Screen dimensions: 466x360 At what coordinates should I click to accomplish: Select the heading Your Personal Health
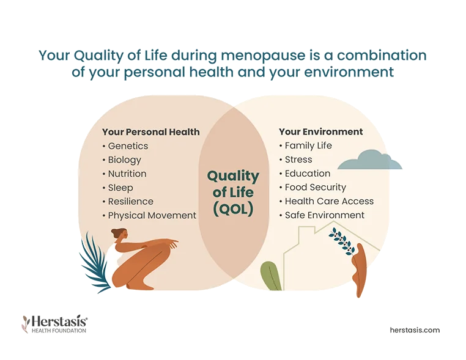pyautogui.click(x=150, y=132)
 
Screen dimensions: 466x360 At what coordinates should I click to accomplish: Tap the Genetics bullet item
pyautogui.click(x=125, y=146)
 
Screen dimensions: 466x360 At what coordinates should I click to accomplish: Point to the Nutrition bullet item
pyautogui.click(x=124, y=174)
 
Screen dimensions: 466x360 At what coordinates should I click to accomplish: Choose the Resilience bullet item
pyautogui.click(x=128, y=201)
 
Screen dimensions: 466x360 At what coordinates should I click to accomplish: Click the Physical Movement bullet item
pyautogui.click(x=149, y=216)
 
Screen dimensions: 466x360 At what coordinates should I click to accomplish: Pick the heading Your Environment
pyautogui.click(x=320, y=131)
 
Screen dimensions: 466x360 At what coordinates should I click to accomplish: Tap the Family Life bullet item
pyautogui.click(x=306, y=145)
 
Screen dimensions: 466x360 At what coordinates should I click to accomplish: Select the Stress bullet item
pyautogui.click(x=296, y=160)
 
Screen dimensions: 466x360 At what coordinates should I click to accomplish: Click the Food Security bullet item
pyautogui.click(x=313, y=188)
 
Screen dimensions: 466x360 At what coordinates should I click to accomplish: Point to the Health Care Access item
pyautogui.click(x=327, y=201)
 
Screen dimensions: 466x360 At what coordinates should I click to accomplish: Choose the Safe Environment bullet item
pyautogui.click(x=322, y=215)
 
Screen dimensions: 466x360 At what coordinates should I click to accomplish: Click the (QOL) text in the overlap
pyautogui.click(x=233, y=210)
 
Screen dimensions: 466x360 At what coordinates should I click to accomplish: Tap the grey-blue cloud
pyautogui.click(x=370, y=161)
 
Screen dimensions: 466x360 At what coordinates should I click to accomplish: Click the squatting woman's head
pyautogui.click(x=119, y=234)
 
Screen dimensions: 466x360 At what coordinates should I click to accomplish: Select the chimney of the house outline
pyautogui.click(x=307, y=230)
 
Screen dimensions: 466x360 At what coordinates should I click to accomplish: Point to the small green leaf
pyautogui.click(x=271, y=276)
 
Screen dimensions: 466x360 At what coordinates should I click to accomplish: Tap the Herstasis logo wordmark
pyautogui.click(x=54, y=324)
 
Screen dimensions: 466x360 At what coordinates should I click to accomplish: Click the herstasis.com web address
pyautogui.click(x=415, y=330)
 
